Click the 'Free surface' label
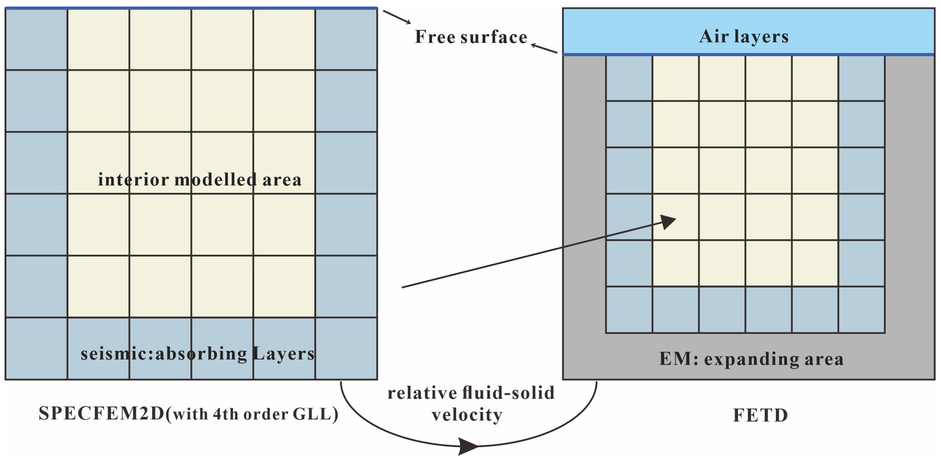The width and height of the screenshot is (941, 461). click(x=471, y=37)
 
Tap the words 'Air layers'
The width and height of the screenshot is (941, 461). click(x=744, y=36)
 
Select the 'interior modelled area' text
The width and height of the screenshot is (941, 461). click(x=199, y=180)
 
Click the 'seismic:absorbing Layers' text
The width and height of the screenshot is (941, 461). click(x=197, y=354)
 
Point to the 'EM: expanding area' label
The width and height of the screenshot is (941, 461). click(x=751, y=359)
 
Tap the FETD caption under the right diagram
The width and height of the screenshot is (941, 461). click(x=760, y=415)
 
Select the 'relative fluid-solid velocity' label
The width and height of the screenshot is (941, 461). click(x=470, y=404)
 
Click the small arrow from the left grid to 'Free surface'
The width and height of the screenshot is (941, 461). click(x=397, y=17)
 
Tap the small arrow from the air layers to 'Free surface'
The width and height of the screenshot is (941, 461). click(x=544, y=48)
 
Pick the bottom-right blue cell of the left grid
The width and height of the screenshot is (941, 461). click(x=346, y=348)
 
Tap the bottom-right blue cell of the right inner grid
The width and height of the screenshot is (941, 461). click(x=861, y=310)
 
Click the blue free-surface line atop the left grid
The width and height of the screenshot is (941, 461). click(x=191, y=8)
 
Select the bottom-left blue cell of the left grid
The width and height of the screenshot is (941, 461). click(x=36, y=348)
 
